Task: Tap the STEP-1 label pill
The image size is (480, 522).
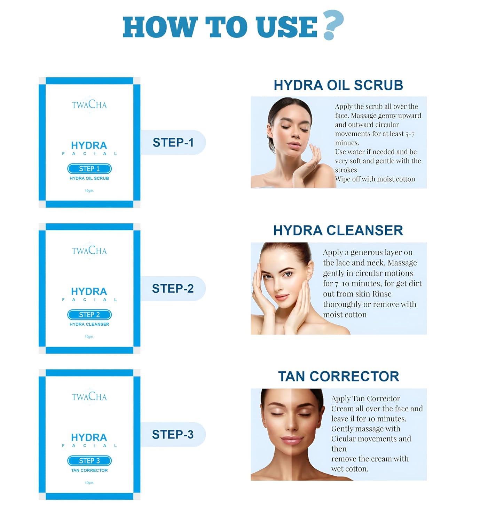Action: click(x=173, y=142)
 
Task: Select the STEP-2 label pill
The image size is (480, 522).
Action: click(x=173, y=288)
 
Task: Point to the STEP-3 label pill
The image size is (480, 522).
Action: click(x=173, y=434)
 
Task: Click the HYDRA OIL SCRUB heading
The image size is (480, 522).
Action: click(x=338, y=85)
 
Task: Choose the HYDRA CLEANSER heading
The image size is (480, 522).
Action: click(x=338, y=230)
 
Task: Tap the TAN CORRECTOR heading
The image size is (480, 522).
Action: click(x=339, y=376)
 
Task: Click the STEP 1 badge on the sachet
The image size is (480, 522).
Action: click(x=89, y=169)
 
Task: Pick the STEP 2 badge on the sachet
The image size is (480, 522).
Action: click(x=89, y=315)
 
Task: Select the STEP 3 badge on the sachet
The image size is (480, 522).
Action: click(x=89, y=461)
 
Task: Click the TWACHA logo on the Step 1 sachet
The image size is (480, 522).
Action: click(x=89, y=105)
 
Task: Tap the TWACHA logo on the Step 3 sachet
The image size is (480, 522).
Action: click(x=89, y=397)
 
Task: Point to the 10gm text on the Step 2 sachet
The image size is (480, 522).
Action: click(x=89, y=337)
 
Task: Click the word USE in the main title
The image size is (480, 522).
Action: click(x=286, y=27)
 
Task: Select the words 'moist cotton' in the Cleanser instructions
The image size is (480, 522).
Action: click(x=345, y=315)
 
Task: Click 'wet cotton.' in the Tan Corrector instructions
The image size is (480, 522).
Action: click(x=350, y=469)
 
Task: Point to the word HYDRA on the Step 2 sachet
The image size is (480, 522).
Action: click(x=89, y=291)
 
